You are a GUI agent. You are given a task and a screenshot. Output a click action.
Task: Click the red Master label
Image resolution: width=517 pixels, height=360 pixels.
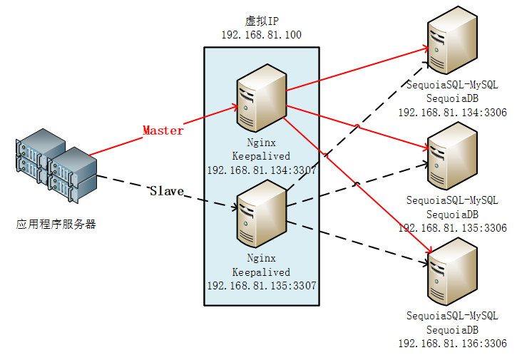(163, 130)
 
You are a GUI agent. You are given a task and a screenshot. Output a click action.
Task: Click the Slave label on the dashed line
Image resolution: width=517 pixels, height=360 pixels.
(166, 191)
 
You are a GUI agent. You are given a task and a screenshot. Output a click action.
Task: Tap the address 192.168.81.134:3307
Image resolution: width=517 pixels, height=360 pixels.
(261, 170)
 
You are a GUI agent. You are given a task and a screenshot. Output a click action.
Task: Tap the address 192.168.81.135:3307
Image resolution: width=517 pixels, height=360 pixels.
(261, 285)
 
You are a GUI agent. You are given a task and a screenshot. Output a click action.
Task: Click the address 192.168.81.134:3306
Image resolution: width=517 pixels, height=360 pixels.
(452, 112)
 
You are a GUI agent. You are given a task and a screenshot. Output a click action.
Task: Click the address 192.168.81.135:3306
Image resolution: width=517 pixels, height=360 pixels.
(452, 228)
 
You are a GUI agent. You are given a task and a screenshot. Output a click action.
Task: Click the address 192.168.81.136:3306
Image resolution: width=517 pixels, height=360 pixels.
(452, 344)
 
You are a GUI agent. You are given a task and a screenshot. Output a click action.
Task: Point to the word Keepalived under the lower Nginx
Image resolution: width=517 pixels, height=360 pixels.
(261, 272)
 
